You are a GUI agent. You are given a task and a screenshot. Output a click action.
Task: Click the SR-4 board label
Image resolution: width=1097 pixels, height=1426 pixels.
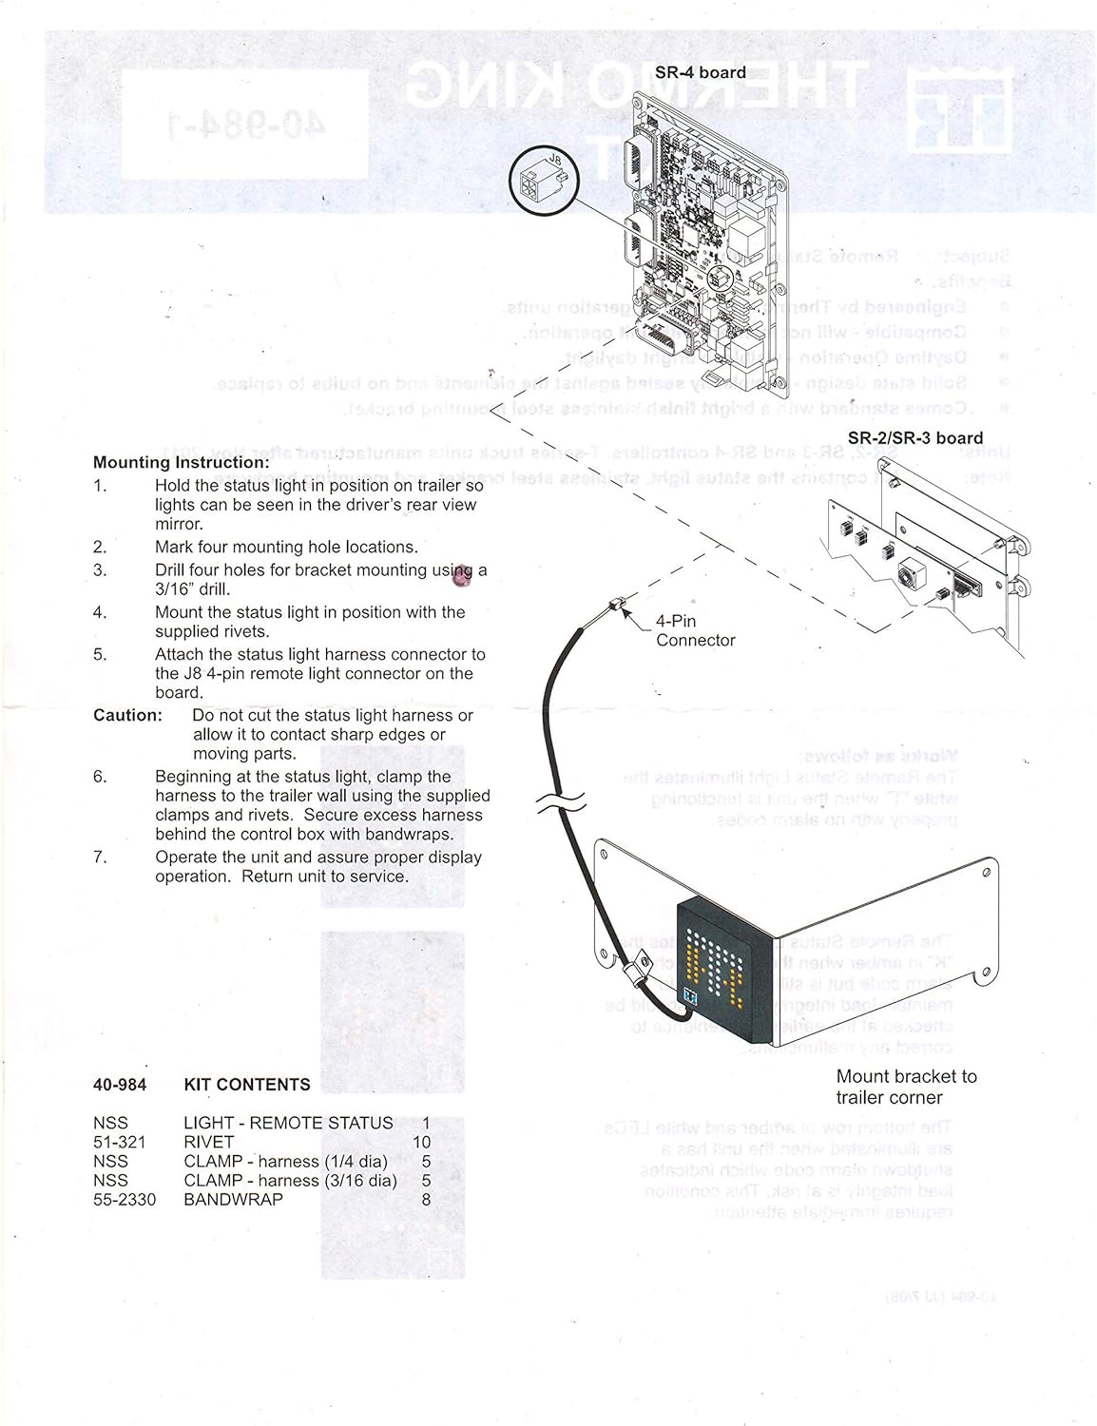(x=700, y=72)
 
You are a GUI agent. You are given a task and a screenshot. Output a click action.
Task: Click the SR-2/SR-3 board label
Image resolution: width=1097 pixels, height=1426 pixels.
(x=914, y=438)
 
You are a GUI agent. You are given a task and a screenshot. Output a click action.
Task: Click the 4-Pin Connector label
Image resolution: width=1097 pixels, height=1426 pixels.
(x=694, y=630)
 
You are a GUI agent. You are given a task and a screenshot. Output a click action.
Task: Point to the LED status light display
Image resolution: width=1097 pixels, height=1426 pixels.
(x=723, y=970)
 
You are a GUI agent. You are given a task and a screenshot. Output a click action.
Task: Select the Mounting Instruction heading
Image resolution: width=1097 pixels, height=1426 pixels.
(x=181, y=463)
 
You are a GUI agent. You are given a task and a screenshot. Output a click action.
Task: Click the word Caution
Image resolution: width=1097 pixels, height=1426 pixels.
(x=127, y=716)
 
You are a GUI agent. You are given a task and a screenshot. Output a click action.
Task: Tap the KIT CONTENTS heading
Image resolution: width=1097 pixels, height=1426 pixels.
(x=246, y=1085)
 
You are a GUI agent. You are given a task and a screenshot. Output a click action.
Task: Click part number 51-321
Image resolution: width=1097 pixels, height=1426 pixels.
(x=119, y=1142)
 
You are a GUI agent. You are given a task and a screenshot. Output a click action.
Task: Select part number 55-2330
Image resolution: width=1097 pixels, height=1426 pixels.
(x=124, y=1200)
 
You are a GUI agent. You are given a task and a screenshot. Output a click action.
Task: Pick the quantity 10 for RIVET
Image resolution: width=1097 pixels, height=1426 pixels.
(x=421, y=1142)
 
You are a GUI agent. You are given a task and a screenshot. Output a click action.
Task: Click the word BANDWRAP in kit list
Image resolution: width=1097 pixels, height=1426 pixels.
(x=233, y=1200)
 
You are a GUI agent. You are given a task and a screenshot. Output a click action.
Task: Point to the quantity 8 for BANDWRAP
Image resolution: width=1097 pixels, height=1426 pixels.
(x=426, y=1200)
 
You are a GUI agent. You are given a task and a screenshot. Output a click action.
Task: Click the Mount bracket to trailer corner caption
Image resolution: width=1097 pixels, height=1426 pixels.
(x=905, y=1087)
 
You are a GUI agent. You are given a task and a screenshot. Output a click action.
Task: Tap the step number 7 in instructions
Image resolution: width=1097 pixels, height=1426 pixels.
(x=100, y=858)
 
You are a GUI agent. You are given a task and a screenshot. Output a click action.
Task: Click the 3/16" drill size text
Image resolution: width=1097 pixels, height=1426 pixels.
(x=192, y=589)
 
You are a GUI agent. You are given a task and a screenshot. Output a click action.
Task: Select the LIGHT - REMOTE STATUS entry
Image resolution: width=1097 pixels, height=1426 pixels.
(x=287, y=1123)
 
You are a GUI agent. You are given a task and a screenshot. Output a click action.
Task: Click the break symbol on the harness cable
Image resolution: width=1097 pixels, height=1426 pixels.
(x=561, y=803)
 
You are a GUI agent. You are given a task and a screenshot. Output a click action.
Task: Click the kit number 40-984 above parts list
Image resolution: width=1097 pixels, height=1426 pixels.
(x=119, y=1085)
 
